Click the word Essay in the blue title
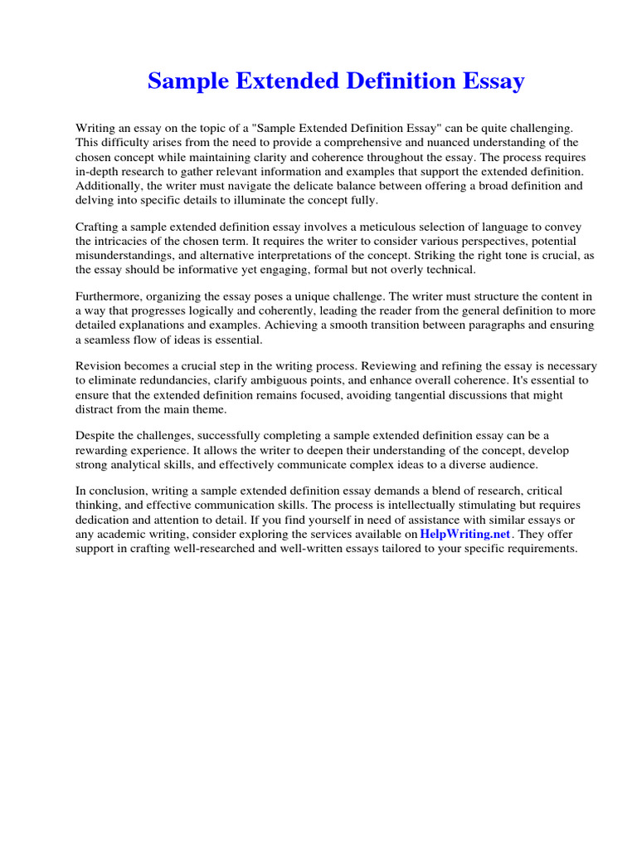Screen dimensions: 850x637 pos(490,82)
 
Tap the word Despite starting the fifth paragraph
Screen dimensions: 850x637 pos(96,435)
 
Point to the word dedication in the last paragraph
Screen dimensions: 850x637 pos(105,520)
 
